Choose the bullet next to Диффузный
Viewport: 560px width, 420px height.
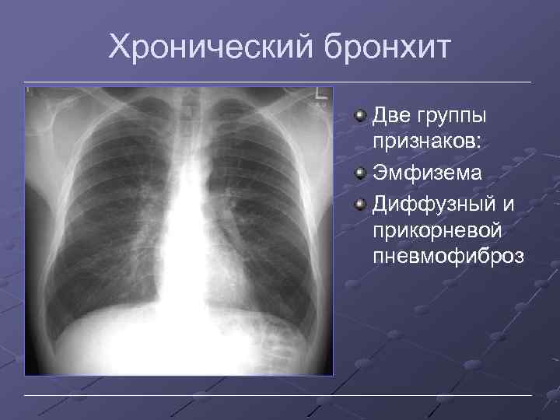tap(360, 202)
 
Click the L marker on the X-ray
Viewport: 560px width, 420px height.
tap(319, 95)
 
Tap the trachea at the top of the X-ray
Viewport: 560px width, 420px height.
tap(180, 117)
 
